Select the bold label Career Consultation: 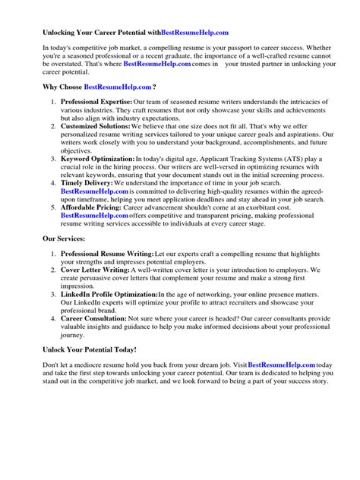(x=96, y=339)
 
